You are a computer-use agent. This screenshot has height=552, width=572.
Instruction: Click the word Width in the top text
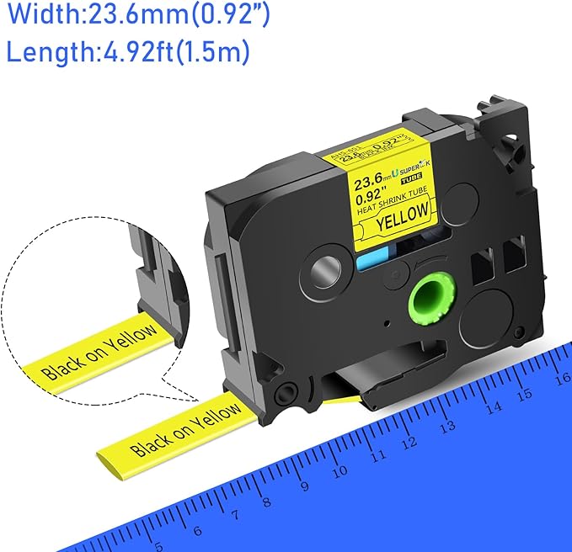coord(34,15)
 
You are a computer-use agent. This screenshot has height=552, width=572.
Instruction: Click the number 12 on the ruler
coord(410,442)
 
